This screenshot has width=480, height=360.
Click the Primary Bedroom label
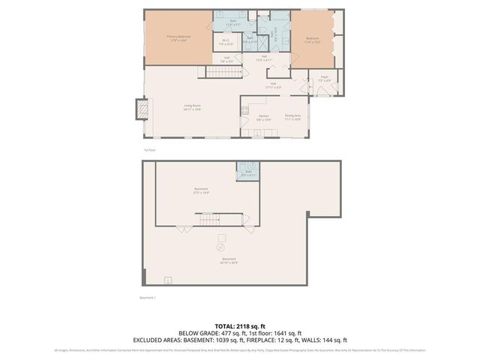tap(176, 37)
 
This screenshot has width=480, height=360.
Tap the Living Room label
tap(192, 107)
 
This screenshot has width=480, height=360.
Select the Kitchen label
tap(263, 118)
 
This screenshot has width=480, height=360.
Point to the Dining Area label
tap(292, 117)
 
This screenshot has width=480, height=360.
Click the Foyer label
tap(324, 78)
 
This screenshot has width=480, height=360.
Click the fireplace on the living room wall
tap(140, 109)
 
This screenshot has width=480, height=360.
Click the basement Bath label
tap(248, 172)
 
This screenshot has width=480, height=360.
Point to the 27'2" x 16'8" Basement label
tap(201, 190)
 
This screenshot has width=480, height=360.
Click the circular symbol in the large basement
tap(221, 247)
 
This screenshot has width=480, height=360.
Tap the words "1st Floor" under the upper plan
tap(150, 150)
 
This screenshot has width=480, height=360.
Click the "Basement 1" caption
tap(148, 298)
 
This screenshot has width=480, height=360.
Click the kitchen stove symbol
tap(244, 112)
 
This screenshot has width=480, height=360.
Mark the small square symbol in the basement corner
tap(168, 280)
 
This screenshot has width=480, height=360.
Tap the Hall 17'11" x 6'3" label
tap(274, 85)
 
